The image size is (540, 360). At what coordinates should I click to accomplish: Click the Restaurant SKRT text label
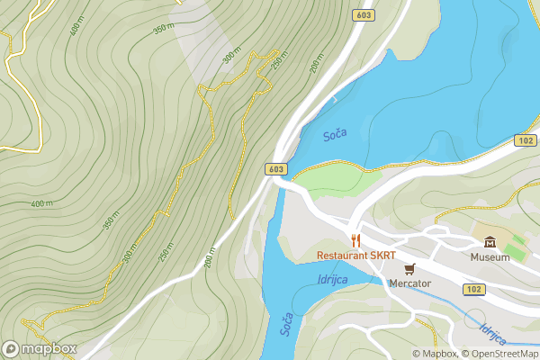click(356, 256)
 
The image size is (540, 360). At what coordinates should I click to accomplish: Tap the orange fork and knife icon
click(356, 240)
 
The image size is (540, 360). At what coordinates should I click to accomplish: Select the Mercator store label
click(409, 283)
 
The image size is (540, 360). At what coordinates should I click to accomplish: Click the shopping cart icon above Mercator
click(409, 268)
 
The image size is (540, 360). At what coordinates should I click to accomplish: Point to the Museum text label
click(490, 257)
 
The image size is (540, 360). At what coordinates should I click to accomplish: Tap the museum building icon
click(490, 242)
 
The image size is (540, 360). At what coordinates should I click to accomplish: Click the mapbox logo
click(39, 348)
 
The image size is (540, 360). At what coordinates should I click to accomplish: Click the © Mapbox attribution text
click(435, 354)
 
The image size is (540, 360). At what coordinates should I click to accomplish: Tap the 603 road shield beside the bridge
click(276, 169)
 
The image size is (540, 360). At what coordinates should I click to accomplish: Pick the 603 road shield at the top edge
click(364, 14)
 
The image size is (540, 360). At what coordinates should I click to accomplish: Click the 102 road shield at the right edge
click(526, 140)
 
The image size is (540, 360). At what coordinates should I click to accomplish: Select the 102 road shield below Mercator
click(473, 289)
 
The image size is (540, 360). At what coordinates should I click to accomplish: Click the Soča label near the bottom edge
click(285, 324)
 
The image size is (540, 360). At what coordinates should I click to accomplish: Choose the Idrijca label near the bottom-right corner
click(493, 335)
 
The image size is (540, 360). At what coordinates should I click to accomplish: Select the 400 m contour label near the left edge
click(41, 204)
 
